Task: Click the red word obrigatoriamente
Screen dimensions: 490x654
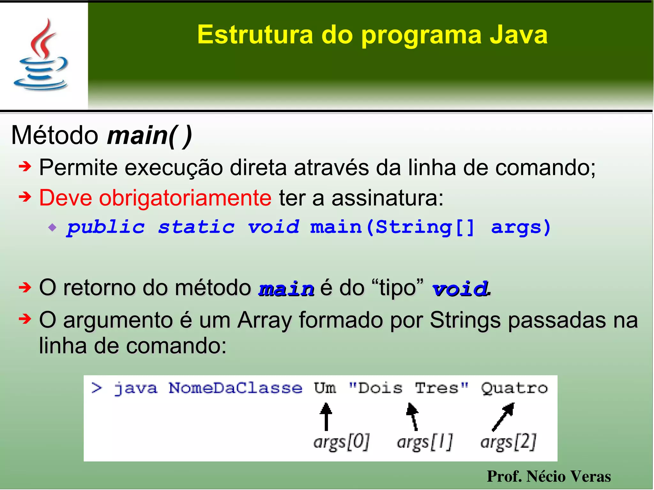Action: pyautogui.click(x=185, y=198)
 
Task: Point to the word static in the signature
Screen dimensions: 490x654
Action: pyautogui.click(x=196, y=227)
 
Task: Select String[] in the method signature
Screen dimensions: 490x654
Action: pyautogui.click(x=425, y=227)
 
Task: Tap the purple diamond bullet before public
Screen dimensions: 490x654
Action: pyautogui.click(x=52, y=228)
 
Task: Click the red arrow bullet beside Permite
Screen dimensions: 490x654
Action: pyautogui.click(x=25, y=166)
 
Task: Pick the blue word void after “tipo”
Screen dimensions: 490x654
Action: pyautogui.click(x=460, y=289)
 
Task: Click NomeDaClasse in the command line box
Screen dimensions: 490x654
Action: pyautogui.click(x=235, y=388)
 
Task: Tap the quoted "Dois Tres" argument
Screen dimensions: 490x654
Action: pyautogui.click(x=408, y=388)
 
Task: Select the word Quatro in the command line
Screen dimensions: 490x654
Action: pyautogui.click(x=514, y=388)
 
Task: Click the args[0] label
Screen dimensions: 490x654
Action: pyautogui.click(x=341, y=442)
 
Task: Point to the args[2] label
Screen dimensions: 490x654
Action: pyautogui.click(x=508, y=442)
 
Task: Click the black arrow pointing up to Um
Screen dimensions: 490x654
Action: pyautogui.click(x=326, y=416)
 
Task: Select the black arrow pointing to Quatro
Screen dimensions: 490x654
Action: pyautogui.click(x=503, y=416)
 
